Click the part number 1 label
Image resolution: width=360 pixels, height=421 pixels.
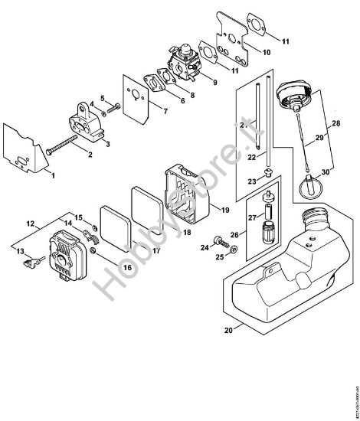[53, 175]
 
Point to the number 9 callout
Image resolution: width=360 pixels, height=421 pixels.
[213, 81]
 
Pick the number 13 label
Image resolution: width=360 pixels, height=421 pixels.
[19, 251]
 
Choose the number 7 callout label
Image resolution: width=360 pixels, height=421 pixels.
[163, 112]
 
